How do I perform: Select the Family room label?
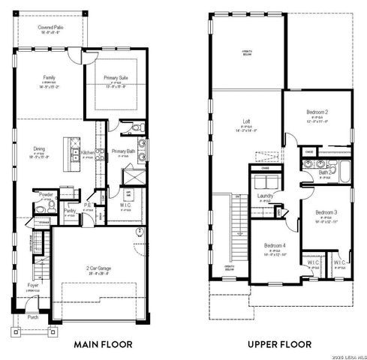[x=49, y=77]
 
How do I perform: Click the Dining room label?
[x=39, y=148]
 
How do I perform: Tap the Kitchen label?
[x=87, y=152]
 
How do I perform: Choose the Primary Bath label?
[x=123, y=151]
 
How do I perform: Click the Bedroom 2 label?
[x=319, y=112]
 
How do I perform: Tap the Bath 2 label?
[x=324, y=172]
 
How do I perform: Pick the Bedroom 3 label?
[x=327, y=212]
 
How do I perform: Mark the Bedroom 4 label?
[x=275, y=245]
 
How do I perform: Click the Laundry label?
[x=265, y=196]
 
